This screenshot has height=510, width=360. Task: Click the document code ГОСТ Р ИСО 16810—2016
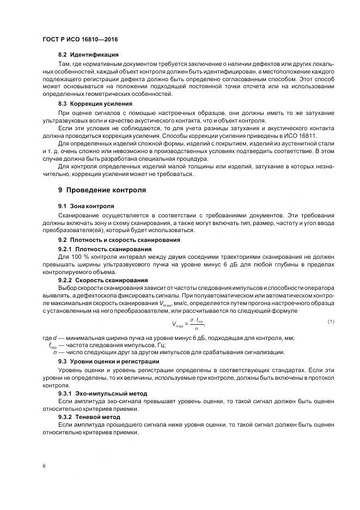point(80,40)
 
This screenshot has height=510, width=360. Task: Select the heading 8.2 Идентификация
point(88,55)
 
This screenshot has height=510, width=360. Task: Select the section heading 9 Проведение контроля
point(102,190)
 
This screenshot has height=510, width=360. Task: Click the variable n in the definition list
point(55,353)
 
